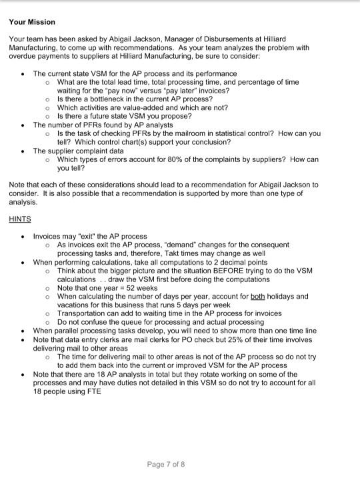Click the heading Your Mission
pos(32,22)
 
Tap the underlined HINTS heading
pos(20,218)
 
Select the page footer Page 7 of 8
pos(166,465)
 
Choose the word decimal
pos(232,262)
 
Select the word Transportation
pos(82,313)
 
